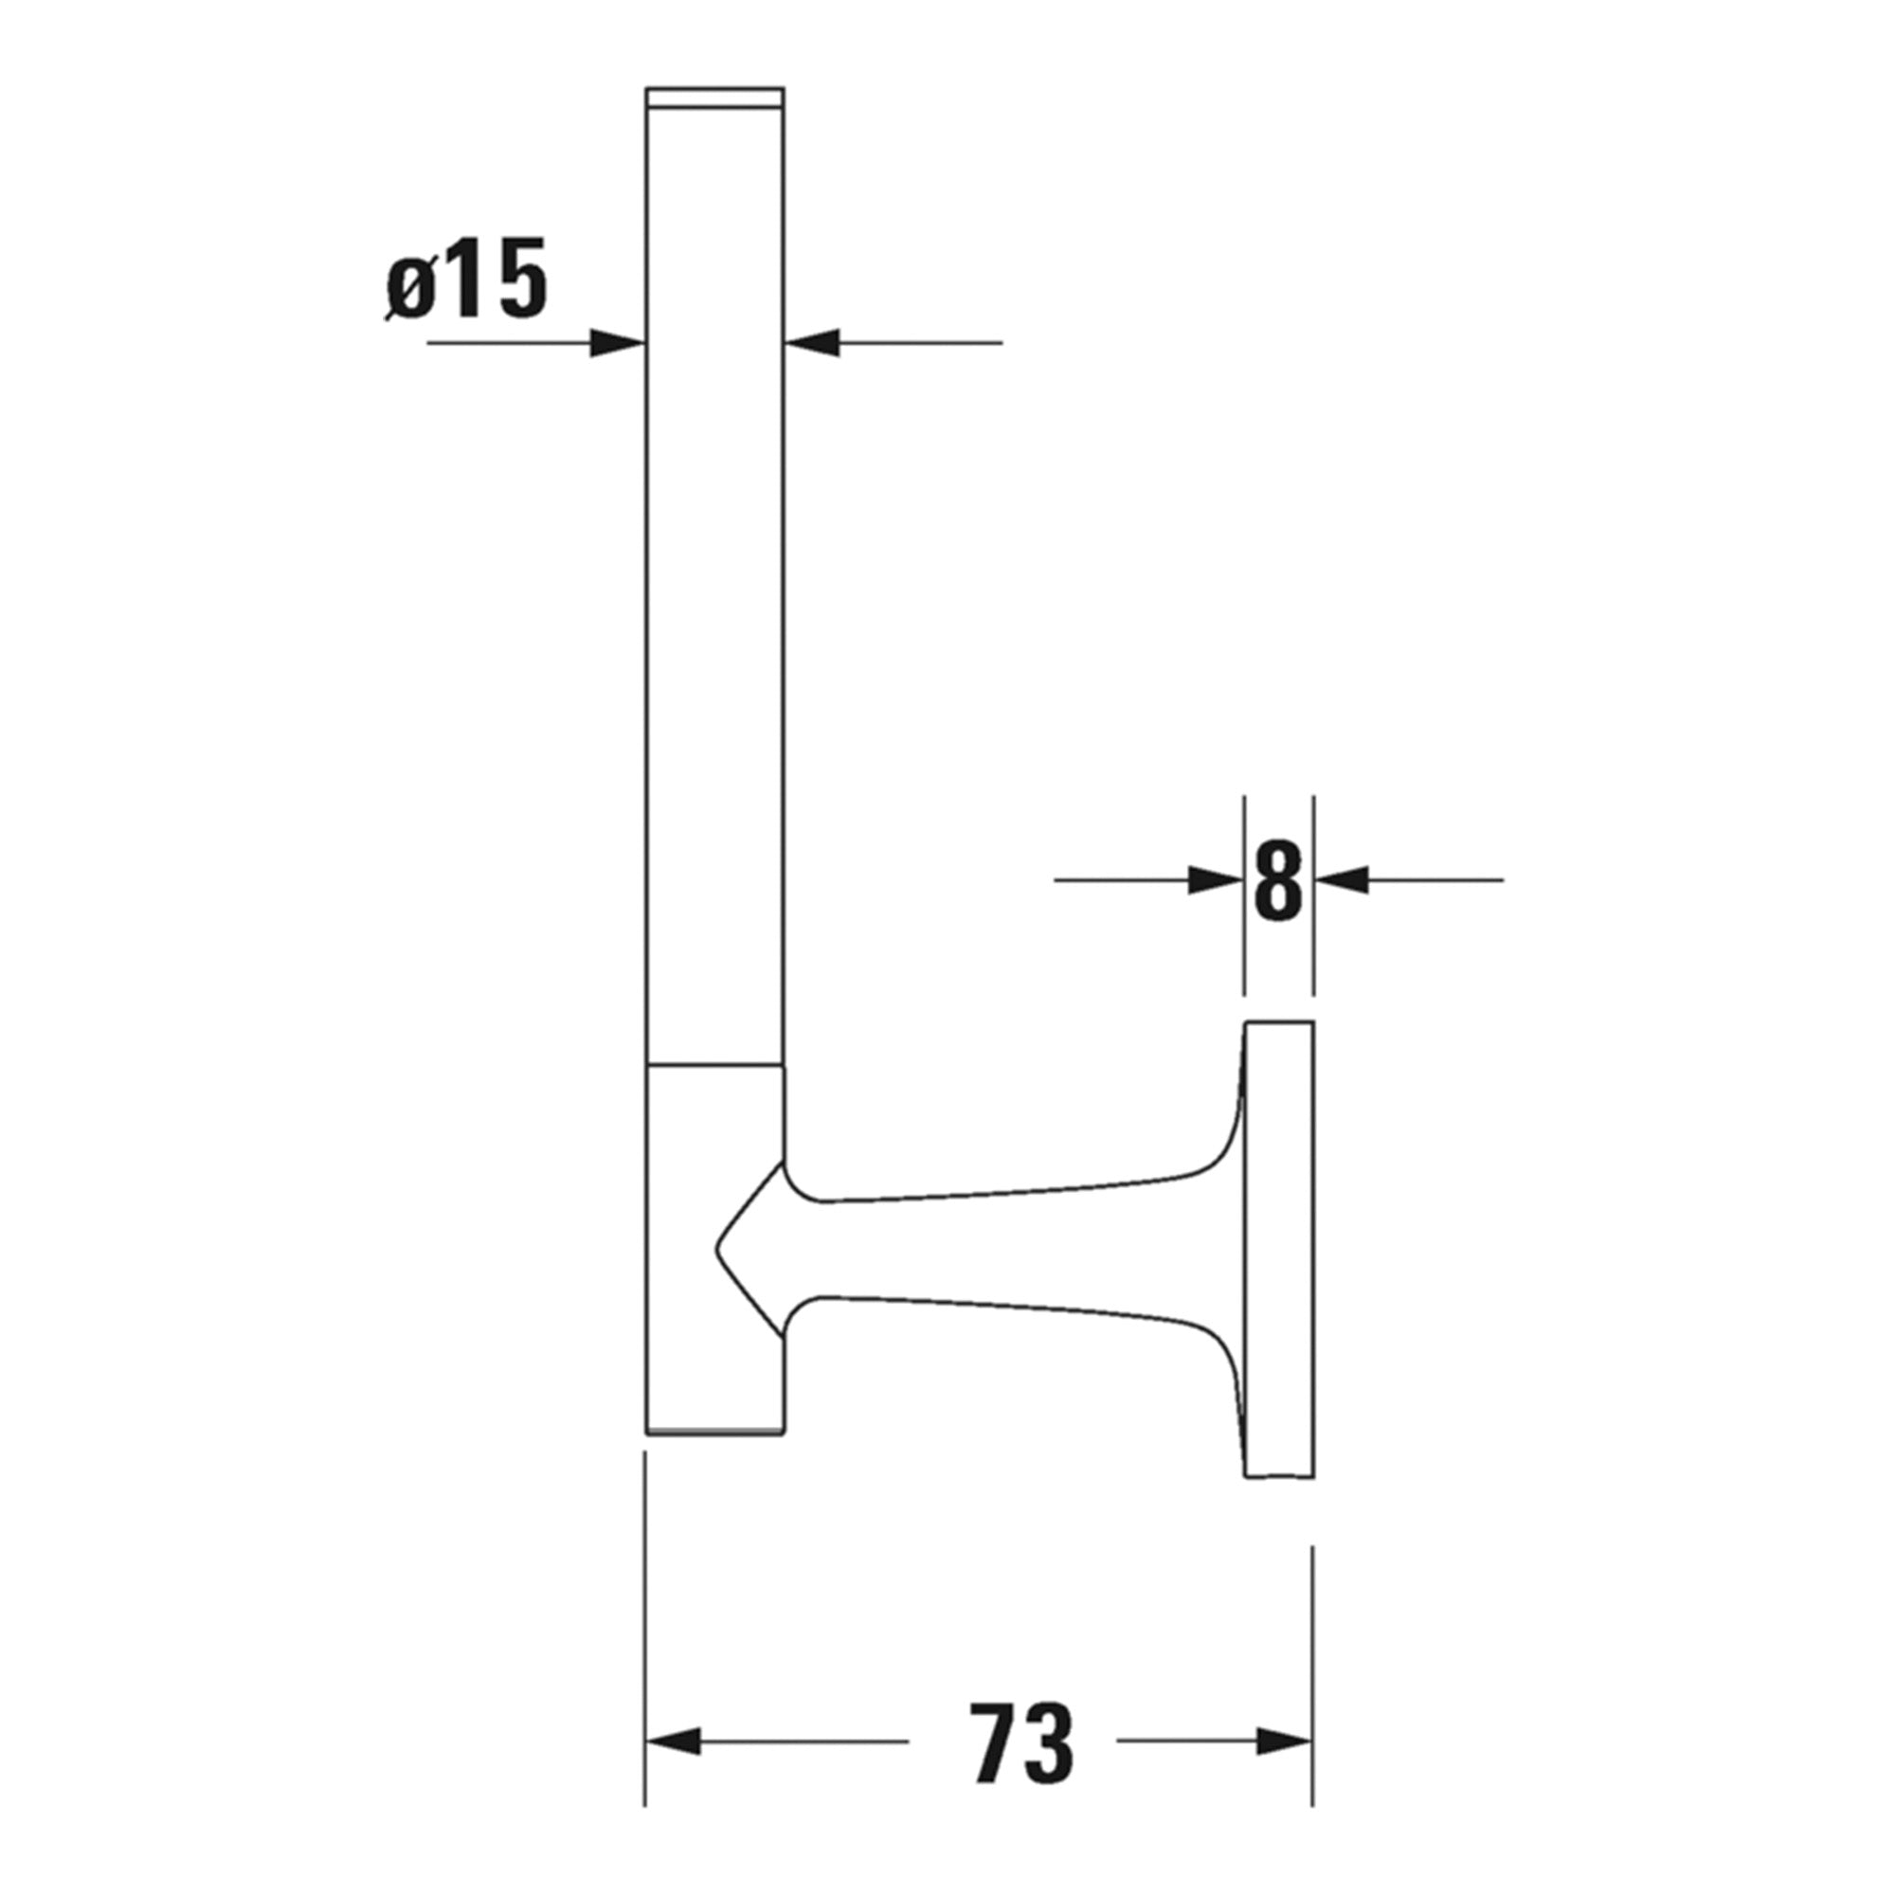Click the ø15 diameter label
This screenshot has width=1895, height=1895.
point(467,280)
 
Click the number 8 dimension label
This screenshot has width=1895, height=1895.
point(1278,880)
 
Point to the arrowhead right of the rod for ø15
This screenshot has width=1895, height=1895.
point(813,342)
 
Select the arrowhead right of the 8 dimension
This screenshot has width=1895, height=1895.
point(1341,880)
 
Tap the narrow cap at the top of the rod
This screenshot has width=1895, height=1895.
point(714,96)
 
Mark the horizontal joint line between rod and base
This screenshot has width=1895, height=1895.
point(714,1063)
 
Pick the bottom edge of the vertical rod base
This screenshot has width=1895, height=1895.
point(714,1433)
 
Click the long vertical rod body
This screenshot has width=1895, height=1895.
point(715,588)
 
